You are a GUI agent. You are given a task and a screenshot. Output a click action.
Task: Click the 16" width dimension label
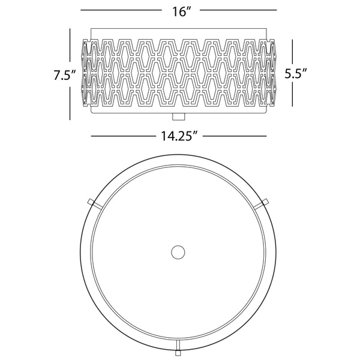[182, 11]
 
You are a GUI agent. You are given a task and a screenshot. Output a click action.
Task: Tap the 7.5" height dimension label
[65, 75]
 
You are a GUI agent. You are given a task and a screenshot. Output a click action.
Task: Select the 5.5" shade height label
[296, 73]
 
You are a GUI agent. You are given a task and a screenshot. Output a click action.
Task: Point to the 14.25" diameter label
[179, 136]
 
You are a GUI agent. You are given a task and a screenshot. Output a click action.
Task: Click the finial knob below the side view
[178, 116]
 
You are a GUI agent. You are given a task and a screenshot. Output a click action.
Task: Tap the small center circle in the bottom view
[178, 252]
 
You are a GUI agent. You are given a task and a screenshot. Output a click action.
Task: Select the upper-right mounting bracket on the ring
[262, 203]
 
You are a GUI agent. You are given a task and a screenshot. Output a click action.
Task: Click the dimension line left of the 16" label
[121, 10]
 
